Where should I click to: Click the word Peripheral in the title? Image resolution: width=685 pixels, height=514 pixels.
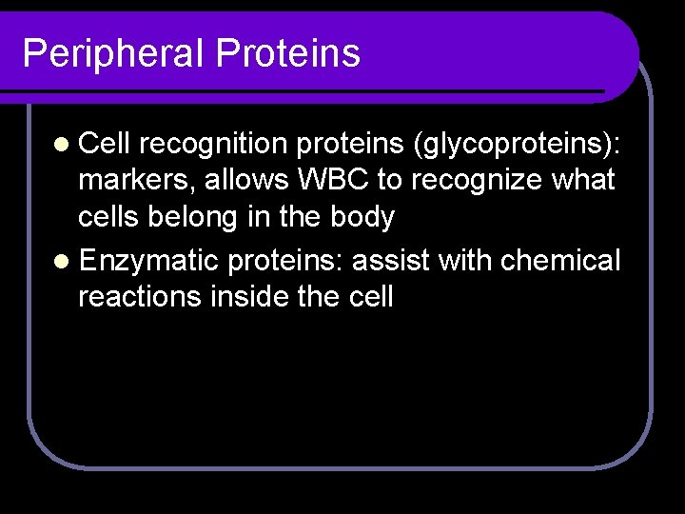click(x=113, y=53)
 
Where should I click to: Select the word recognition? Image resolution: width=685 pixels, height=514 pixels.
click(x=215, y=143)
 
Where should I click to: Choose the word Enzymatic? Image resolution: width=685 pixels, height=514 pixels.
click(x=149, y=260)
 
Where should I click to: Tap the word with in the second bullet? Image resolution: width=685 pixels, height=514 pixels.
click(x=466, y=260)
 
